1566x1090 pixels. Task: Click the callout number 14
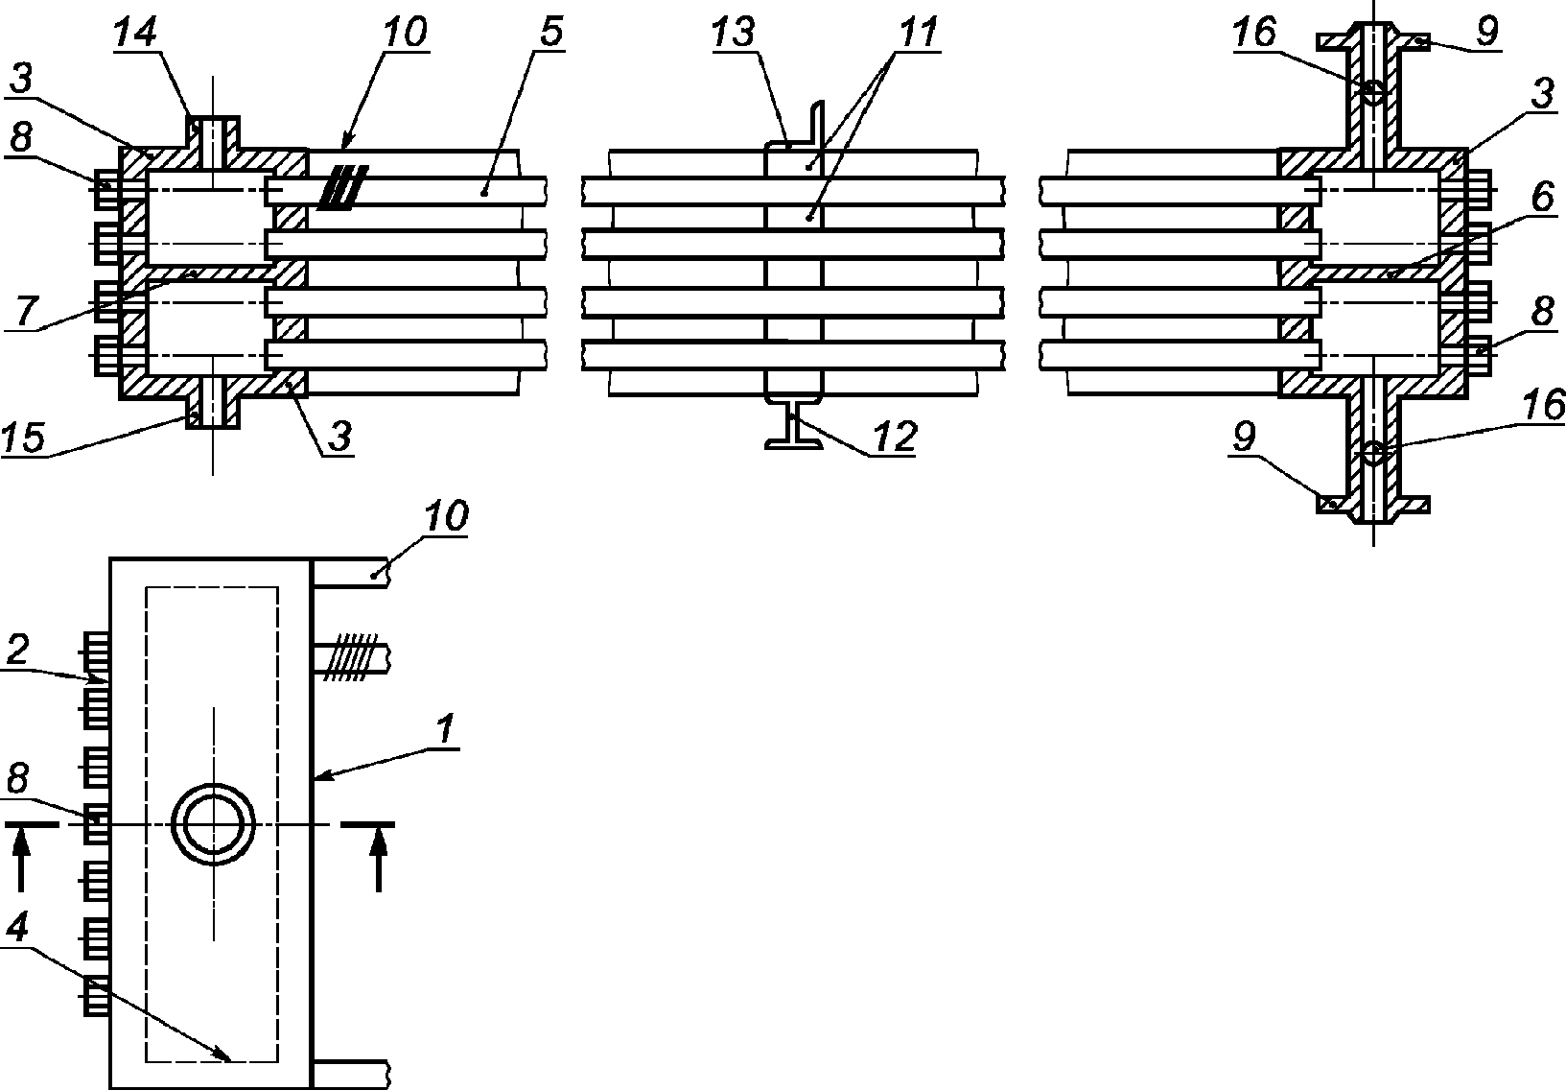point(136,33)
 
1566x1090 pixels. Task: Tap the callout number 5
point(551,33)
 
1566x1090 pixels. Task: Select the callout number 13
point(734,33)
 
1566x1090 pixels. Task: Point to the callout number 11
point(918,33)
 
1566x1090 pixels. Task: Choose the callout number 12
point(894,438)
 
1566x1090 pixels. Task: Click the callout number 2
point(17,650)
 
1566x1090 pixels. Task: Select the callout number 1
point(445,729)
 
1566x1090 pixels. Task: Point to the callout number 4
point(17,929)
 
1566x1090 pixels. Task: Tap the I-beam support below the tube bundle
point(793,424)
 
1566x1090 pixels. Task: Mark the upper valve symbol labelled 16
point(1373,91)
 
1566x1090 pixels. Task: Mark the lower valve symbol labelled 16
point(1373,453)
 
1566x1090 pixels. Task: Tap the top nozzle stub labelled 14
point(213,133)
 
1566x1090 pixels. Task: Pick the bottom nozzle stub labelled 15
point(213,412)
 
